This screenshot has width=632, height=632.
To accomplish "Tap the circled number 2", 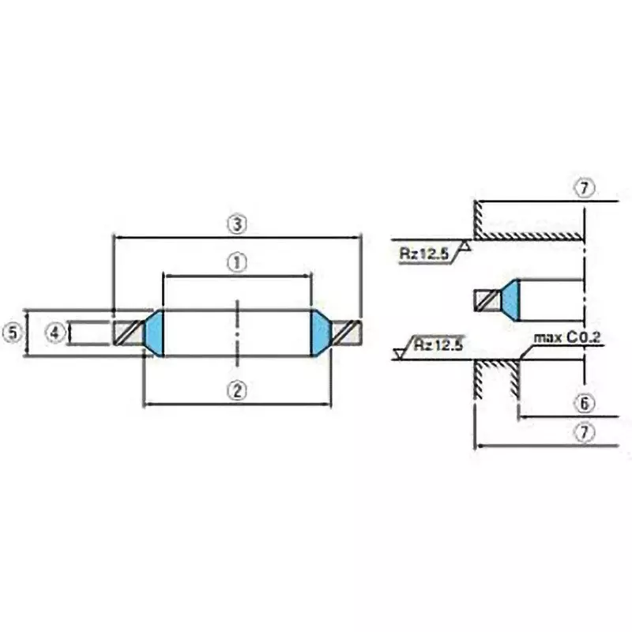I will [x=235, y=389].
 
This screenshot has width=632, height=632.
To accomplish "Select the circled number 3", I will [x=235, y=224].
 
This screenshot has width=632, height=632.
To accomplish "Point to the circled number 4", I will [x=54, y=333].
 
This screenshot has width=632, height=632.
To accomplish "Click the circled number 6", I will [x=583, y=403].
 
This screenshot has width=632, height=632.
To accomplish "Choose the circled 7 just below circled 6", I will [x=583, y=433].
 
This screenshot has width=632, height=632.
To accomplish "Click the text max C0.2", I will [x=566, y=338].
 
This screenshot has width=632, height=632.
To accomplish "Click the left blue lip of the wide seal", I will [x=154, y=333].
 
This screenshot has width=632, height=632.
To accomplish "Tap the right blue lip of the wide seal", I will [x=320, y=333].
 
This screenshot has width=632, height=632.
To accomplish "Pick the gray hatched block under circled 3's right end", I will [x=348, y=333].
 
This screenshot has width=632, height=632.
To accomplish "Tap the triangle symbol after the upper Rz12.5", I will [x=466, y=248].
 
